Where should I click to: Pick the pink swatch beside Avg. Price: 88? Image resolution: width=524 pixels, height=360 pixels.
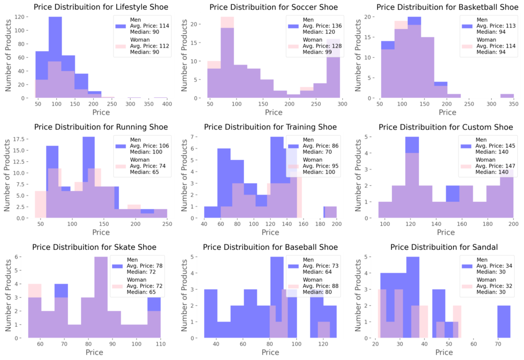[x=292, y=286]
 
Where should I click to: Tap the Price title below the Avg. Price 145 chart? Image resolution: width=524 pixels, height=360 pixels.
[x=446, y=232]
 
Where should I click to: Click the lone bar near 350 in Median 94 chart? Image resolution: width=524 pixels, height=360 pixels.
[x=507, y=96]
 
